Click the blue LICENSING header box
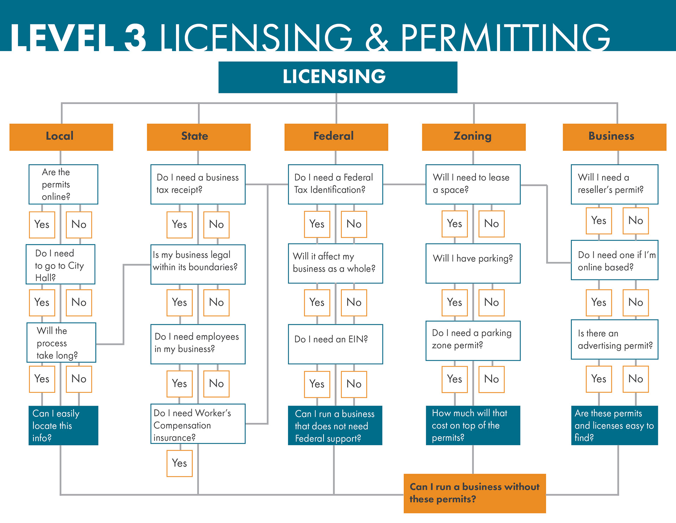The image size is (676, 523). pos(338,77)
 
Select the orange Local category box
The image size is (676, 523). pos(61,137)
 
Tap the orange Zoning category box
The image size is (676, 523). pos(474,137)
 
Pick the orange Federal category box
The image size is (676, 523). pos(336,137)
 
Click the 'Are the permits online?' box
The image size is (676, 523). pos(63,184)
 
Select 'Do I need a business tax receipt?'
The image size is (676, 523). pos(198,184)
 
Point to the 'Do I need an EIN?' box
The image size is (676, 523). pos(335,344)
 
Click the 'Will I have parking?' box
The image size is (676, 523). pos(473,263)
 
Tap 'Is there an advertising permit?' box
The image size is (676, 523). pos(614,339)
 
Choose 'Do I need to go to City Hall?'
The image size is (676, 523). pos(61,264)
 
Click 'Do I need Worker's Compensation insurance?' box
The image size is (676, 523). pos(198,424)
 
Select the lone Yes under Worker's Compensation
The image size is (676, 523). pos(180,463)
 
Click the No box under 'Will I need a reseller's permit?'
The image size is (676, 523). pos(636,221)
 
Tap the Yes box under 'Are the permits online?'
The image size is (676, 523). pos(42,224)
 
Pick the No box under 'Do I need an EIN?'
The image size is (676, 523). pos(354,384)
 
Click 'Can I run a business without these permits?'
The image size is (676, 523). pos(475,493)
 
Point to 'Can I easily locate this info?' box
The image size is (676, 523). pos(63,425)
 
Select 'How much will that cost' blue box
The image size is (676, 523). pos(473,425)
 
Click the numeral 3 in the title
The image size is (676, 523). pos(135,38)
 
